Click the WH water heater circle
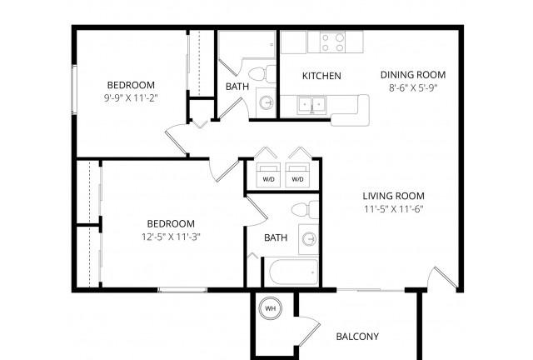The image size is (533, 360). coord(270,308)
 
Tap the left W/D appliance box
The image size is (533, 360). coord(268,175)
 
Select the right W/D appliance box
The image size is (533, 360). coord(297,175)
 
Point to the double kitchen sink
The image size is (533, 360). coord(311,105)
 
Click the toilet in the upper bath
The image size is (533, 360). coord(262,74)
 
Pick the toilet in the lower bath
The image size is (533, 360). coord(306,209)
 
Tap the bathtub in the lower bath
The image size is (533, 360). coord(294,272)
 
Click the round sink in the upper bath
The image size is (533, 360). coord(266,102)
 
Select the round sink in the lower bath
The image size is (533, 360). coord(309,238)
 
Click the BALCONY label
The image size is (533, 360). coord(357,337)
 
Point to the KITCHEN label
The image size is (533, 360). coord(321,76)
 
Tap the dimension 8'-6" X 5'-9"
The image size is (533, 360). coord(413,88)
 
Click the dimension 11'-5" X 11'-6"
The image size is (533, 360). coord(394,209)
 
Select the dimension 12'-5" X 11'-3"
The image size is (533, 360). coord(171,237)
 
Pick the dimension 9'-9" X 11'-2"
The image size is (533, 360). coord(131,98)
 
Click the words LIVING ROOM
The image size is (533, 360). coord(394,196)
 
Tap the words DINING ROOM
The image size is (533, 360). coord(413,75)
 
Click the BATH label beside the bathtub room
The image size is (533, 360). coord(276,237)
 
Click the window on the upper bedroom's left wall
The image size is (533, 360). coord(74,89)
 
